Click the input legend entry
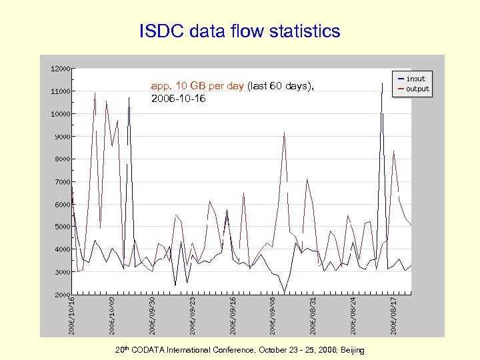pos(415,79)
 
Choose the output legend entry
pos(417,89)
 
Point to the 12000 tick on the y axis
pos(61,69)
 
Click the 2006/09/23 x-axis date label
pos(192,315)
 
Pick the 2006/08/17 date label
pos(393,315)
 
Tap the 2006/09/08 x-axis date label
pos(273,315)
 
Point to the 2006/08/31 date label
pos(313,315)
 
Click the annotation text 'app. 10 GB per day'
pos(197,86)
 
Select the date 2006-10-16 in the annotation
pos(179,99)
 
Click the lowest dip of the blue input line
pos(285,293)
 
